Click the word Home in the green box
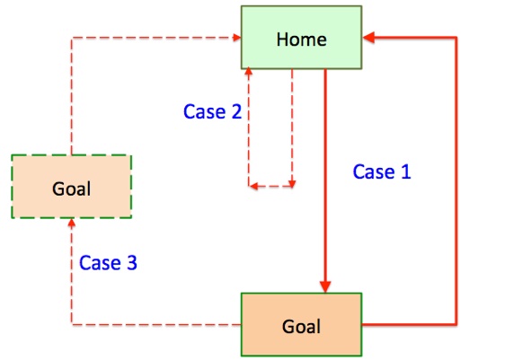pyautogui.click(x=301, y=40)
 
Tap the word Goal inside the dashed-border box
pyautogui.click(x=72, y=189)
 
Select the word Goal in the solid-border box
pyautogui.click(x=301, y=327)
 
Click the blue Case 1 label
pyautogui.click(x=382, y=171)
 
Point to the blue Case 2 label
pyautogui.click(x=212, y=111)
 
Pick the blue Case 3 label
pyautogui.click(x=108, y=262)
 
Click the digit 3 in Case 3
pyautogui.click(x=132, y=262)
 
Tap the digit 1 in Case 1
pyautogui.click(x=406, y=171)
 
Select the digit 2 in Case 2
pyautogui.click(x=236, y=111)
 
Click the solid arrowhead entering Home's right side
pyautogui.click(x=368, y=37)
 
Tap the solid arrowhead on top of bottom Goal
pyautogui.click(x=325, y=286)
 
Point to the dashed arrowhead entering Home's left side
pyautogui.click(x=237, y=37)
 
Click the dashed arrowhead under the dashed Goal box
pyautogui.click(x=72, y=223)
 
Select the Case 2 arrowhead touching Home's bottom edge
pyautogui.click(x=249, y=71)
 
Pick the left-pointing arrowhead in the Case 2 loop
pyautogui.click(x=253, y=186)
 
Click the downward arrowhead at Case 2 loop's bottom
pyautogui.click(x=292, y=184)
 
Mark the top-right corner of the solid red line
pyautogui.click(x=456, y=37)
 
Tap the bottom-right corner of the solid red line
pyautogui.click(x=456, y=324)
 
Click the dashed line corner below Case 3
pyautogui.click(x=72, y=324)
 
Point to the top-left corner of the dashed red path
pyautogui.click(x=72, y=38)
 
